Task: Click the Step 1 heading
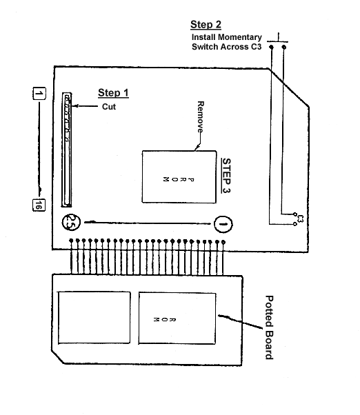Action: [113, 93]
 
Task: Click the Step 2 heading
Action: [206, 25]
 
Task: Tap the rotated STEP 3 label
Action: [226, 176]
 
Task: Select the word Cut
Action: [109, 107]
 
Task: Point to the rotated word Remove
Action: [201, 117]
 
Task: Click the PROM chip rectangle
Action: [179, 176]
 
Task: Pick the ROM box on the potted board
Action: [177, 318]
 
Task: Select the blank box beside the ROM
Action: [94, 318]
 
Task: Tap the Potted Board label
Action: [269, 327]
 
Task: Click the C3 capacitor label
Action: [300, 219]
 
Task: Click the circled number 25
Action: [71, 222]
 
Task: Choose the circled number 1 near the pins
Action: [223, 225]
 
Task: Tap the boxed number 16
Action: [39, 205]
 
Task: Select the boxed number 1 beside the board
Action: [39, 94]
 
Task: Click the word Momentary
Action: [240, 37]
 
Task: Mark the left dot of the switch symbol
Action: [271, 47]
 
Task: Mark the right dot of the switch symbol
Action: [284, 47]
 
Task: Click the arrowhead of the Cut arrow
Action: [74, 106]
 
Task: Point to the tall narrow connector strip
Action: [67, 150]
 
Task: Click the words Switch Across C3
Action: [227, 47]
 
